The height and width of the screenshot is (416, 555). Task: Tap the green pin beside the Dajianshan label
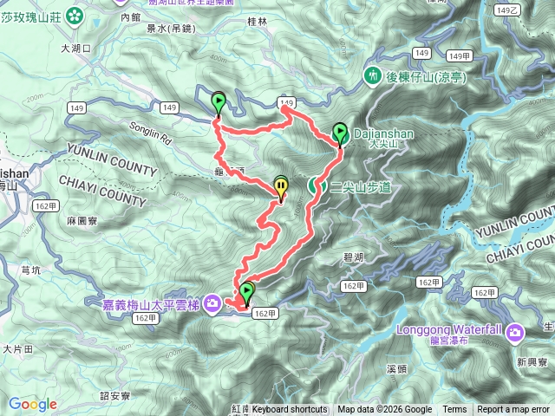click(339, 133)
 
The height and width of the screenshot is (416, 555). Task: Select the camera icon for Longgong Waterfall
click(515, 330)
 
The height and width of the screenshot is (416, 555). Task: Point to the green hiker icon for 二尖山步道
click(316, 186)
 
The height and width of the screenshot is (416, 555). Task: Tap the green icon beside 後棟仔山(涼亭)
click(372, 76)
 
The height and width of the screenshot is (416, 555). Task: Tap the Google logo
click(33, 404)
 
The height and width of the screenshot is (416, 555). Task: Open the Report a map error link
click(513, 410)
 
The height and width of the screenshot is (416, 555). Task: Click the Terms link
click(454, 410)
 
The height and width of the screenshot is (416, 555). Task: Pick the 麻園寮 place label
click(82, 222)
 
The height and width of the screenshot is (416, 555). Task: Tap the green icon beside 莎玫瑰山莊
click(75, 15)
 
